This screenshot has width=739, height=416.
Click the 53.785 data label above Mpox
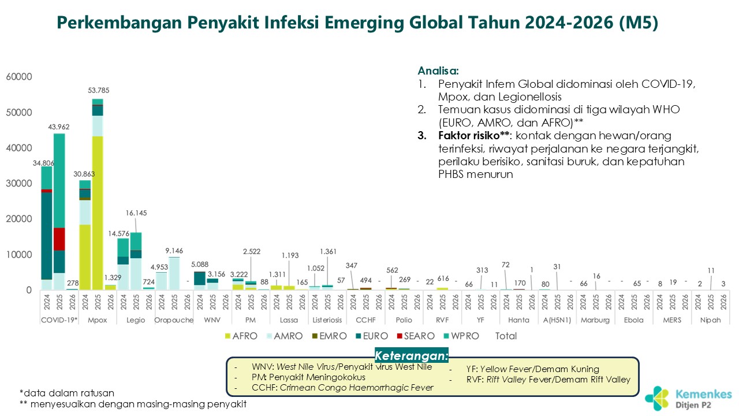point(98,90)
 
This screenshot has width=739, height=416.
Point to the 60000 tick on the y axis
point(19,77)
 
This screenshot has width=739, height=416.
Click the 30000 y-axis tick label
point(19,184)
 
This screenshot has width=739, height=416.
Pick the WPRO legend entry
point(463,336)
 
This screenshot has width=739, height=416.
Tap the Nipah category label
point(710,320)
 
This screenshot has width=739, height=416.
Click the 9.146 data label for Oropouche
point(174,251)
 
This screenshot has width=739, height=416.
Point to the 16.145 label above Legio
point(136,213)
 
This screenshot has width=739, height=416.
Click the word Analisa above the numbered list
point(438,71)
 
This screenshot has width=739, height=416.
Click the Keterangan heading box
point(411,355)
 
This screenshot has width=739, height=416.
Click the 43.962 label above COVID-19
point(59,127)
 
